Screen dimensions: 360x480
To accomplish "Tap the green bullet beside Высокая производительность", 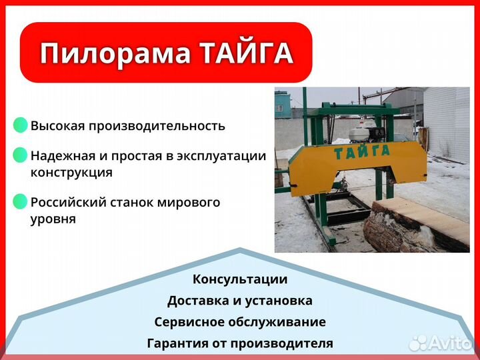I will (x=21, y=125).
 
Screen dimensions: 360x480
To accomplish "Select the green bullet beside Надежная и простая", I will (x=21, y=156).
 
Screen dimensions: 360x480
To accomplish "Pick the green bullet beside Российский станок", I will (x=21, y=202).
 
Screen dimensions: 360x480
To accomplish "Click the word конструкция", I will (x=71, y=173).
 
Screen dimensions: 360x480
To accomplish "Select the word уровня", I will (x=53, y=219).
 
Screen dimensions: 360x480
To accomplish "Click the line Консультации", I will (x=240, y=279).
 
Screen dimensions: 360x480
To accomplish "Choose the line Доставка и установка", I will (x=240, y=301).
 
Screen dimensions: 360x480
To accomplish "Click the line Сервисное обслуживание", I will (x=240, y=322).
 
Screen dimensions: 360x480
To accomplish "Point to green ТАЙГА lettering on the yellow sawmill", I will (x=364, y=153).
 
